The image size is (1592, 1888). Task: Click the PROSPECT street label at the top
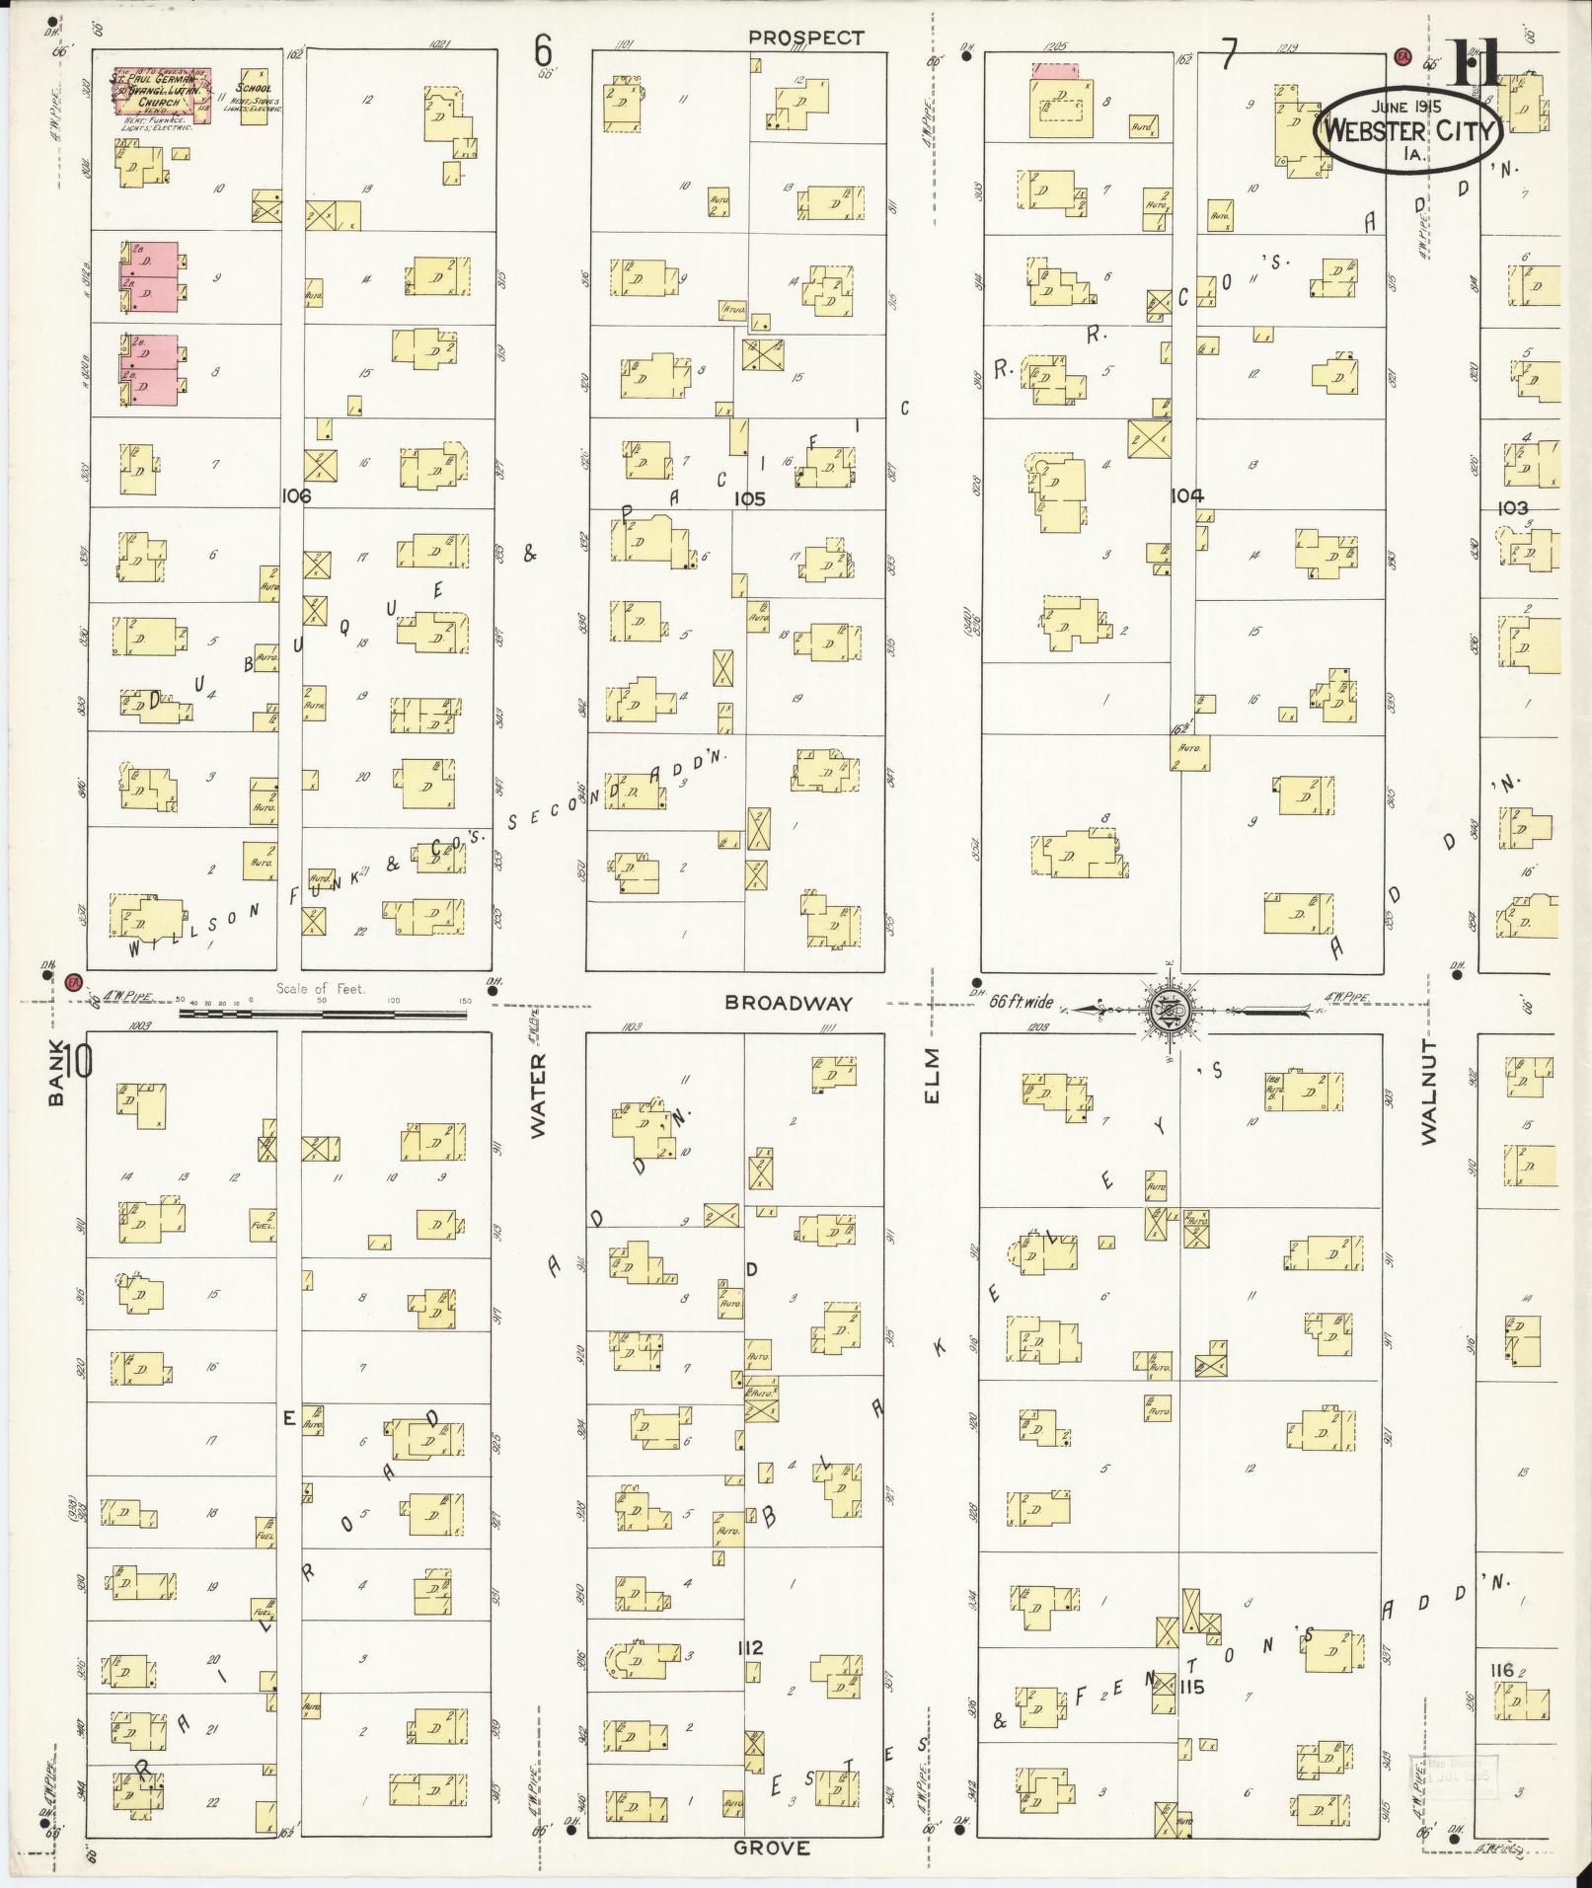point(805,38)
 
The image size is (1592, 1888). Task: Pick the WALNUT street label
point(1430,1092)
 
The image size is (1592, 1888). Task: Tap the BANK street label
point(55,1074)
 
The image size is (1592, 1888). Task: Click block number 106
point(295,496)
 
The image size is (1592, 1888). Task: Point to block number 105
point(749,499)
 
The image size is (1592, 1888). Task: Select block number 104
point(1186,496)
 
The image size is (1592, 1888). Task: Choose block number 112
point(750,1647)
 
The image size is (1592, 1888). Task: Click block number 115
point(1191,1688)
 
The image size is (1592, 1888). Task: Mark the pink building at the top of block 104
point(1055,71)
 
